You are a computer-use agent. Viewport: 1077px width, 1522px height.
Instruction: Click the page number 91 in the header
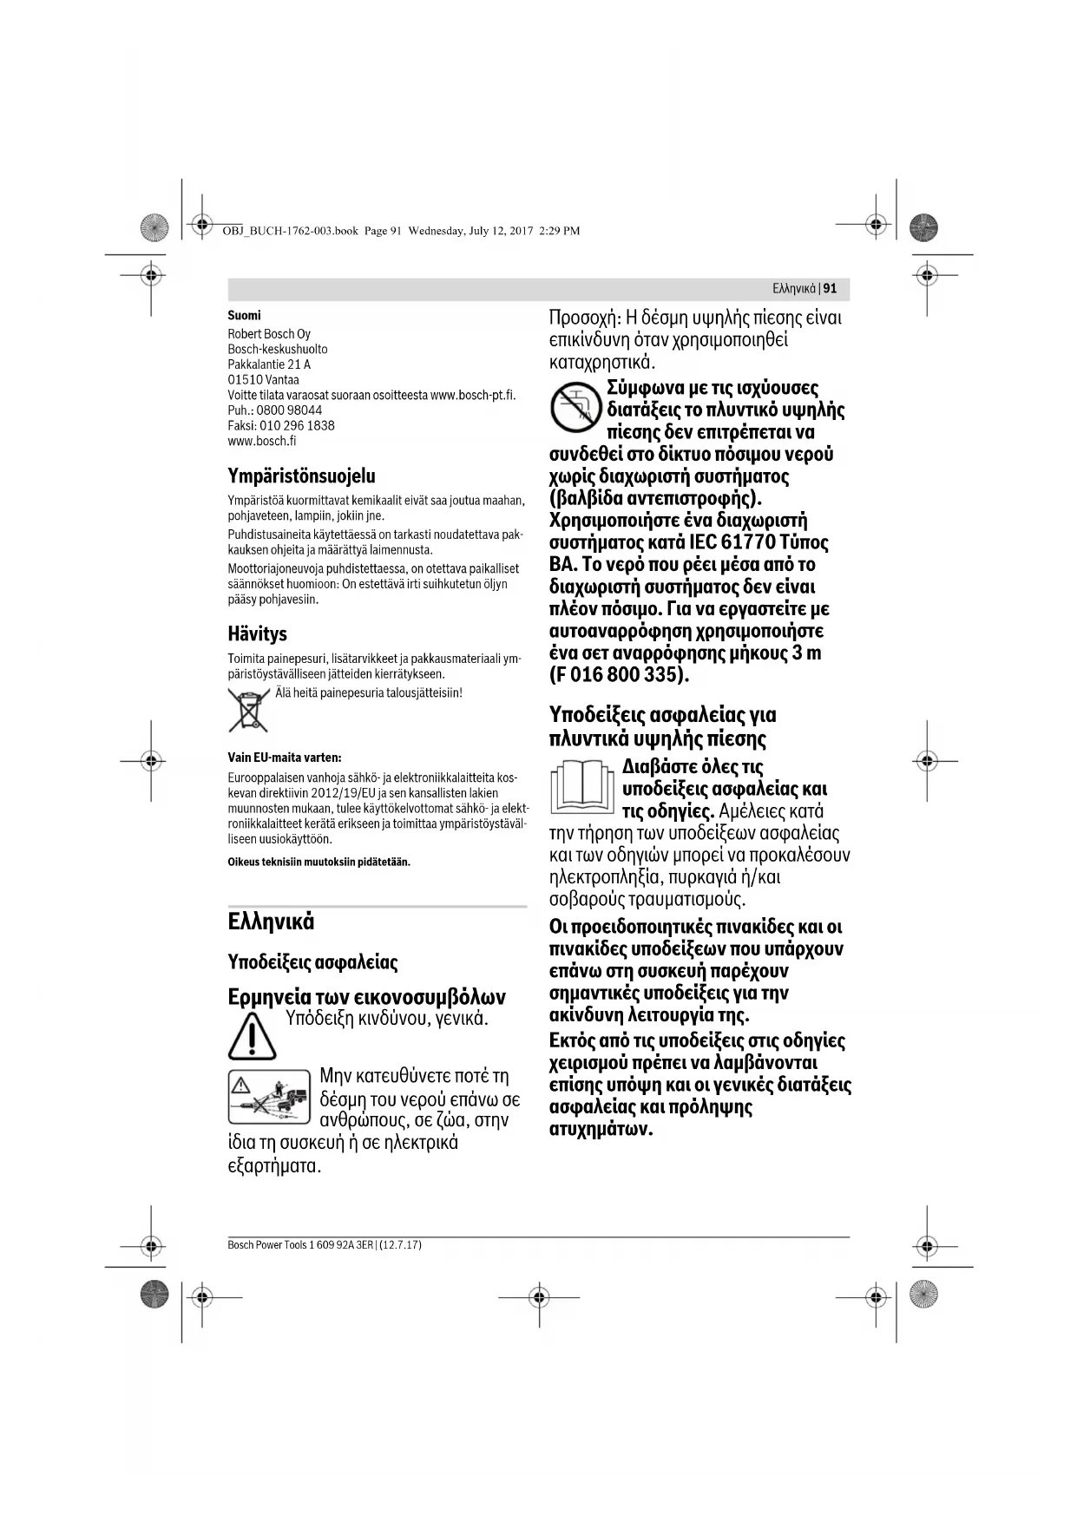831,289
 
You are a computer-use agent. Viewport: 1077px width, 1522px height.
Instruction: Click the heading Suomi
244,316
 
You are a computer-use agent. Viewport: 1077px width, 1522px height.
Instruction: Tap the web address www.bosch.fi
262,441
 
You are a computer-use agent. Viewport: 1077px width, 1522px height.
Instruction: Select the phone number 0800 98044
289,410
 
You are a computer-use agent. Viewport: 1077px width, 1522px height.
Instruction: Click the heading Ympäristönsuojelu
301,476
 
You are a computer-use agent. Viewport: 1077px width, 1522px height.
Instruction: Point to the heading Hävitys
257,633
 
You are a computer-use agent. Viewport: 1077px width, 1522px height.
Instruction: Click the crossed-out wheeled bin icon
247,709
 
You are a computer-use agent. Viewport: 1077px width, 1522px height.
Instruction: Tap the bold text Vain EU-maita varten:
284,758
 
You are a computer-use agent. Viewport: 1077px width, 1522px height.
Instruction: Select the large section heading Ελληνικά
271,922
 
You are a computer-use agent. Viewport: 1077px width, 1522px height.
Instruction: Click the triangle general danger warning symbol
252,1037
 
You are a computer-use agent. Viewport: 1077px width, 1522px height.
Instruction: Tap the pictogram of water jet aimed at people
269,1098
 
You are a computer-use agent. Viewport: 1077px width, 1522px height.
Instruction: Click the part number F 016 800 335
618,675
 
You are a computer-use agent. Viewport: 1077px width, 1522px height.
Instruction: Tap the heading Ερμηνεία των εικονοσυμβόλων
366,997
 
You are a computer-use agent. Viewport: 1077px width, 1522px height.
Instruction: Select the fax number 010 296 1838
297,426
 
